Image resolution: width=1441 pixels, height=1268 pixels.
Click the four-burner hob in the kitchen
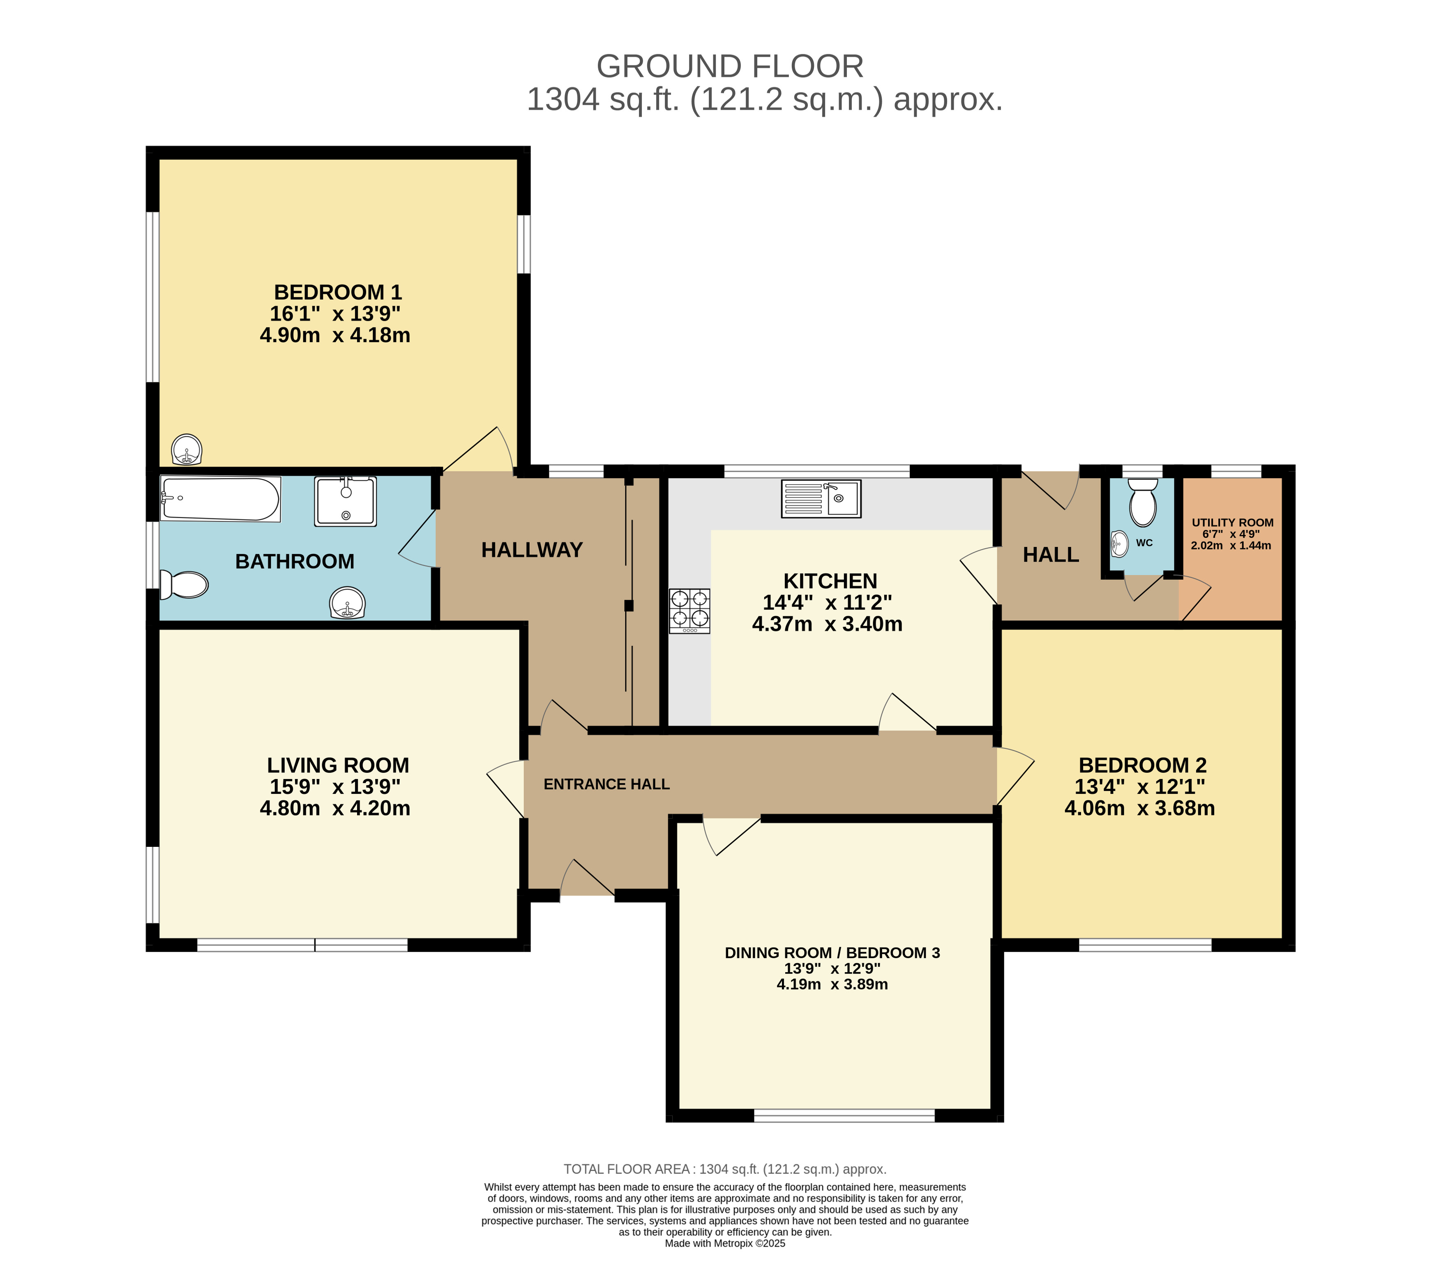(689, 611)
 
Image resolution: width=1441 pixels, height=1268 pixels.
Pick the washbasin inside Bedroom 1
(187, 450)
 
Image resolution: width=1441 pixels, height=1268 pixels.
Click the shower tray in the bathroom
(346, 501)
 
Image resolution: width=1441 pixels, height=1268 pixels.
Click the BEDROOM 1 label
(338, 292)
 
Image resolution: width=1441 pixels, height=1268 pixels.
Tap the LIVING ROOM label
(338, 765)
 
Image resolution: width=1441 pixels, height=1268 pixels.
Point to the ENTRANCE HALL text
(606, 784)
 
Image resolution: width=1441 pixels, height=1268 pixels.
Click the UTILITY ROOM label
(1232, 522)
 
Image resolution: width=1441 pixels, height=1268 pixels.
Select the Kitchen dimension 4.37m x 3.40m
(827, 624)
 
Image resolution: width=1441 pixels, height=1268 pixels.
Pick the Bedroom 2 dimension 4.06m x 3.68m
(1139, 808)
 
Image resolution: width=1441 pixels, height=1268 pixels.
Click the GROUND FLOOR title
(730, 66)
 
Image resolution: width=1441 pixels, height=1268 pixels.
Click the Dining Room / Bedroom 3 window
(844, 1115)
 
